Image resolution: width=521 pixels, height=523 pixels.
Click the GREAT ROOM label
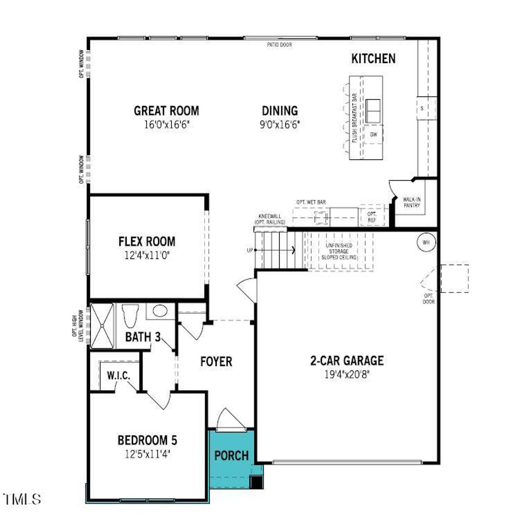166,111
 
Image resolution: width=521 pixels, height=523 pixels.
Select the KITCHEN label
373,59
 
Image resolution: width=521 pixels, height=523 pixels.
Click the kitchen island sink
373,111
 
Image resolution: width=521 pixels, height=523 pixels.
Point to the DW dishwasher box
374,135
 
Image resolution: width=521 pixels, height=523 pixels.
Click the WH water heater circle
426,243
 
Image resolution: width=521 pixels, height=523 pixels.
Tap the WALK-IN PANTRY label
412,202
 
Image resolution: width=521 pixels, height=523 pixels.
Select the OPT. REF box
372,217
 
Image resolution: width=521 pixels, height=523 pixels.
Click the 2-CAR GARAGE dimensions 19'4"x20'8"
347,374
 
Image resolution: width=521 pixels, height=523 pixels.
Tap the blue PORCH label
231,455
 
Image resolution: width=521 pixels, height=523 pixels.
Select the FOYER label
216,361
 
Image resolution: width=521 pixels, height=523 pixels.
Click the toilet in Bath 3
131,315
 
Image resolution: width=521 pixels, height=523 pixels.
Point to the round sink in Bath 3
160,311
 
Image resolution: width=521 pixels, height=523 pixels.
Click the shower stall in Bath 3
101,326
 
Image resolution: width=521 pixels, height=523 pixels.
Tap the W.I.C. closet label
118,376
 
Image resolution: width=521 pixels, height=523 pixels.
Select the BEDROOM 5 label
147,440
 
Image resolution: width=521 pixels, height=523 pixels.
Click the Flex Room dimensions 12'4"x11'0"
147,256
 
